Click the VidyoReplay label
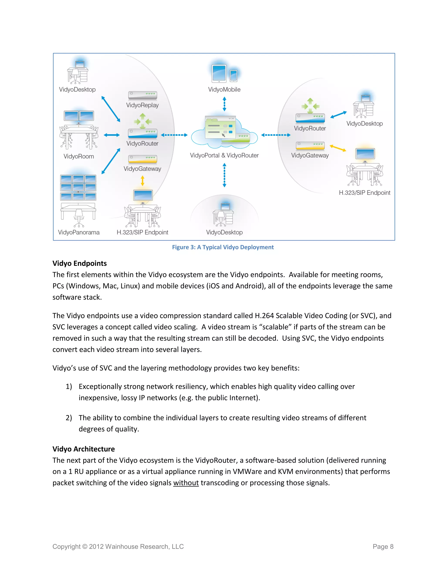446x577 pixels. click(142, 105)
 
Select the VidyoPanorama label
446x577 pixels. click(79, 232)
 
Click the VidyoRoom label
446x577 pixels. click(79, 156)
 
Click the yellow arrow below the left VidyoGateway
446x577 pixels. click(142, 181)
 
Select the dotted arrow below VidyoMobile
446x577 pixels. click(224, 104)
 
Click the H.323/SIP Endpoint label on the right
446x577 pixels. click(364, 193)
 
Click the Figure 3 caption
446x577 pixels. click(223, 247)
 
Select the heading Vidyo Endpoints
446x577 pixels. click(79, 263)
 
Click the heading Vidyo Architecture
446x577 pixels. click(83, 449)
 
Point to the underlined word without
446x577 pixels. click(186, 483)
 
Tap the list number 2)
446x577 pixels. click(69, 418)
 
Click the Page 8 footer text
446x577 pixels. click(383, 547)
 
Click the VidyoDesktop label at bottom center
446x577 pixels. click(224, 232)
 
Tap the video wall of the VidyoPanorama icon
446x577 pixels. click(78, 187)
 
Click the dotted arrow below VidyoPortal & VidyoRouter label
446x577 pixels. click(224, 175)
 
